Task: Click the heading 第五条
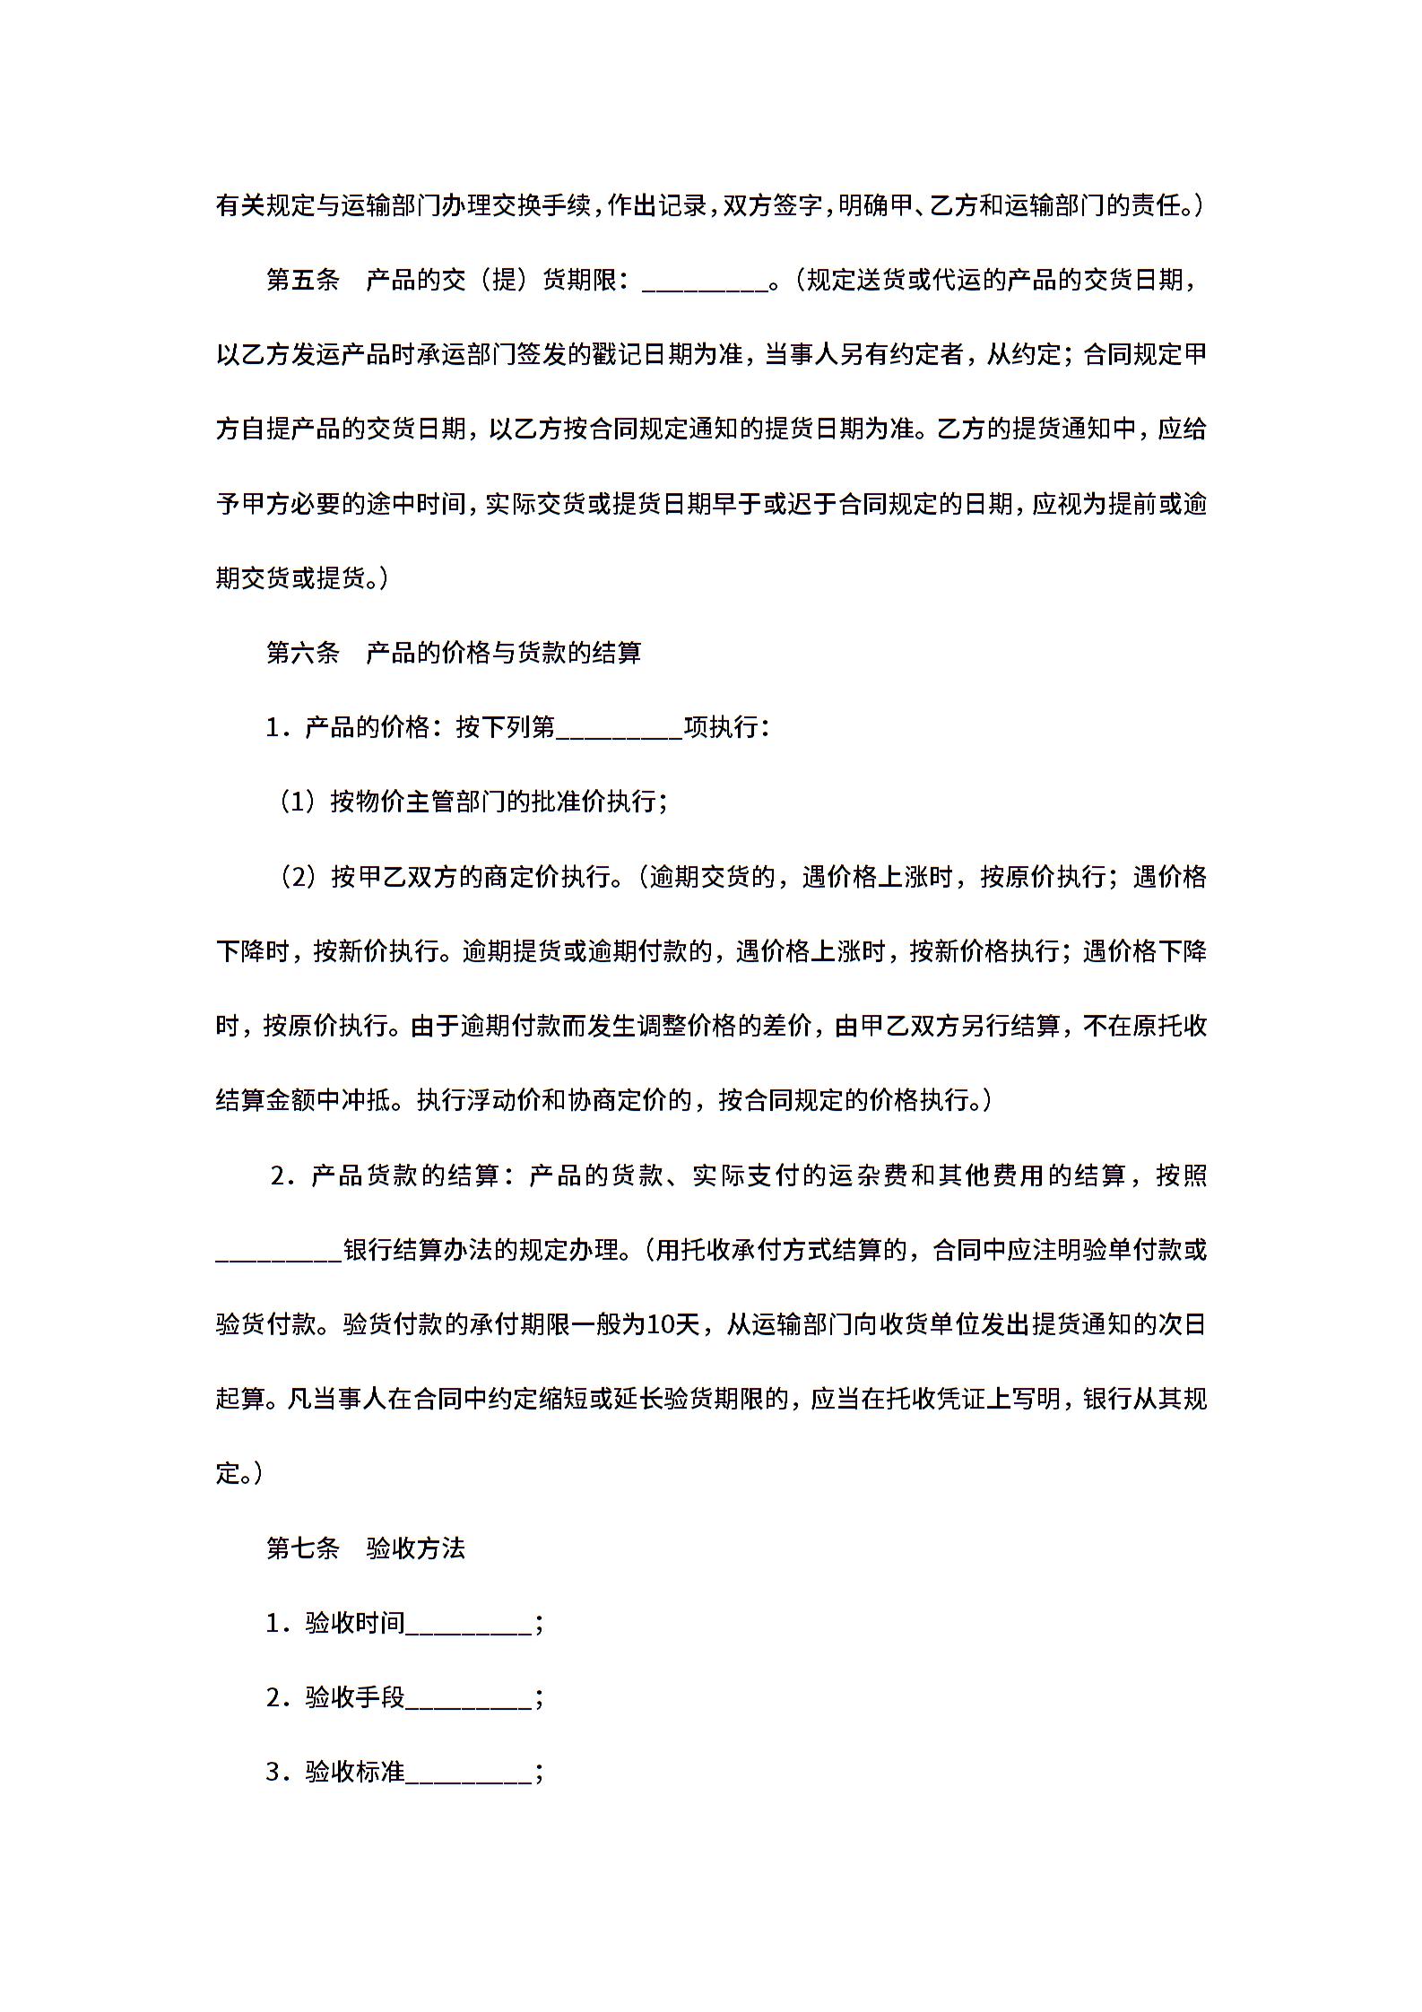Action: point(302,281)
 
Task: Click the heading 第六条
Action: point(302,653)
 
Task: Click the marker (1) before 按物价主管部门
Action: point(296,802)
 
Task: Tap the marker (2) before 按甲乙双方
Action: point(296,876)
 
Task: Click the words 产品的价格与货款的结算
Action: point(504,653)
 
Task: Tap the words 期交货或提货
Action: point(290,578)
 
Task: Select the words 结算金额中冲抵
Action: point(303,1100)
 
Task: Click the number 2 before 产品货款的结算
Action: point(277,1175)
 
